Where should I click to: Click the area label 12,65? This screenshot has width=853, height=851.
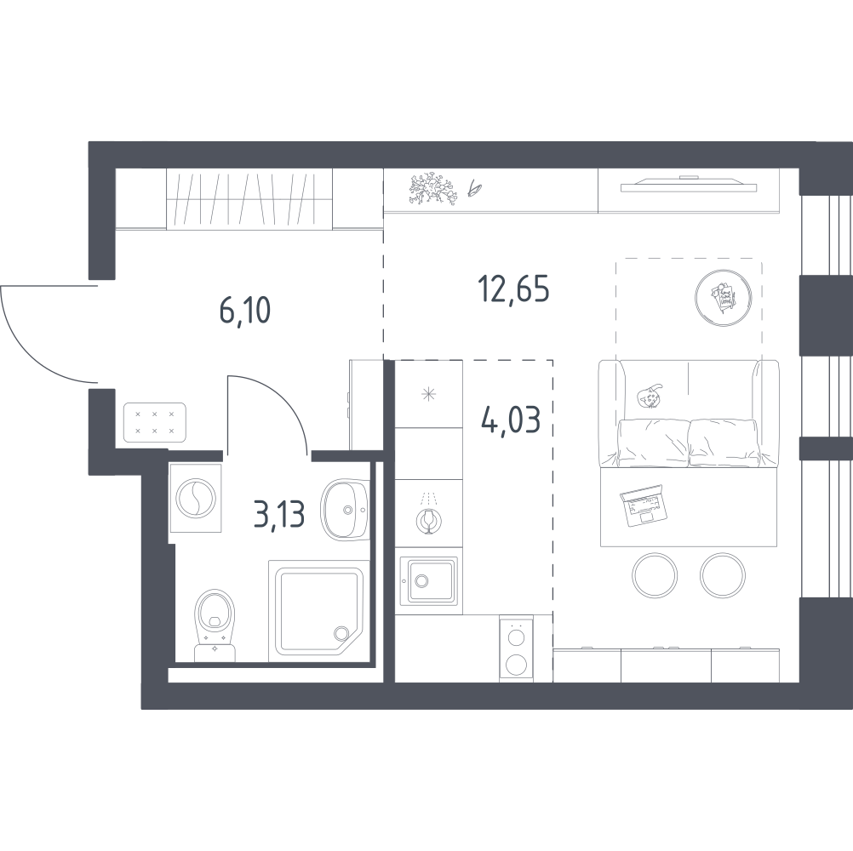click(513, 289)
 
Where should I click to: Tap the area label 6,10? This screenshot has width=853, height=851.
click(245, 311)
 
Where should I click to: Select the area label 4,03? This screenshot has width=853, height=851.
click(511, 420)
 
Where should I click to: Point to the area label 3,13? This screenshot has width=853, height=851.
click(279, 514)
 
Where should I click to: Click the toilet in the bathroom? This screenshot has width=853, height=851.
click(215, 625)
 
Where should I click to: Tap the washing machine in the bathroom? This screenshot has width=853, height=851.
click(195, 498)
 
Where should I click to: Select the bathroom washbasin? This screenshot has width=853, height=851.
click(346, 510)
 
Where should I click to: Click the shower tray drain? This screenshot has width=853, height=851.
click(341, 633)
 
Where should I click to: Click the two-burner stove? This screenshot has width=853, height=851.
click(516, 648)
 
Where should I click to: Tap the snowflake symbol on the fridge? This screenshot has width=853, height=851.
click(429, 394)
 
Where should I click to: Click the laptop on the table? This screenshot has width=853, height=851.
click(643, 505)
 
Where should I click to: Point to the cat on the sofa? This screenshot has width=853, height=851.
click(650, 397)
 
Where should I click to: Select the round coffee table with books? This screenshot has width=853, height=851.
click(724, 298)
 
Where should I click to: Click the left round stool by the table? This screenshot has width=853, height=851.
click(655, 575)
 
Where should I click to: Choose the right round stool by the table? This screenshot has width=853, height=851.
click(723, 575)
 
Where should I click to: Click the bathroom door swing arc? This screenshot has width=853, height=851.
click(284, 396)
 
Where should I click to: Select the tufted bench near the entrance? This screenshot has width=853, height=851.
click(154, 422)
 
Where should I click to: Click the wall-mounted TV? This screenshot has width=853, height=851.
click(688, 185)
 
